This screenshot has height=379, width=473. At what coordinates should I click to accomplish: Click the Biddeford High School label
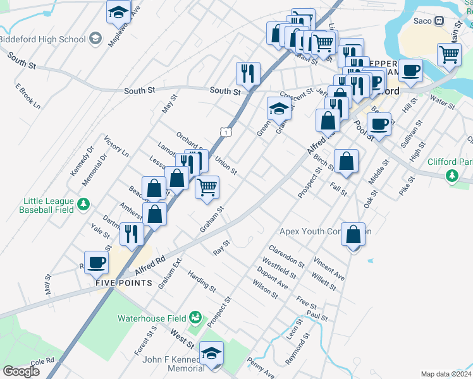42,39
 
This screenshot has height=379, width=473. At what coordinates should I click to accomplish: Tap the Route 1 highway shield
224,131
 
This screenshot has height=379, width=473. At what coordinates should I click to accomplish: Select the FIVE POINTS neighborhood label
124,282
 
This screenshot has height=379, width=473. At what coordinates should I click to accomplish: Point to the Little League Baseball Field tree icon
82,203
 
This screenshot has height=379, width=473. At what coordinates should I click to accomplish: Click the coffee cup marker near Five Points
97,263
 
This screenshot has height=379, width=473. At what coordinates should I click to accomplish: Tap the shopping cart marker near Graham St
207,188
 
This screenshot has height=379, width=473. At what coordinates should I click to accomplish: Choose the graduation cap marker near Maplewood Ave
118,12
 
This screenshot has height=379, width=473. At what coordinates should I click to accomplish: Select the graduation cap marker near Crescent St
279,109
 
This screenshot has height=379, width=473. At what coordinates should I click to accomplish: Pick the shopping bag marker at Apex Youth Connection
353,234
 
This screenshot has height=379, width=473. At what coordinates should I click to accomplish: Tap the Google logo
21,371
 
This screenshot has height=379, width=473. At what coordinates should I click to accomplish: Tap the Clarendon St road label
286,255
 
